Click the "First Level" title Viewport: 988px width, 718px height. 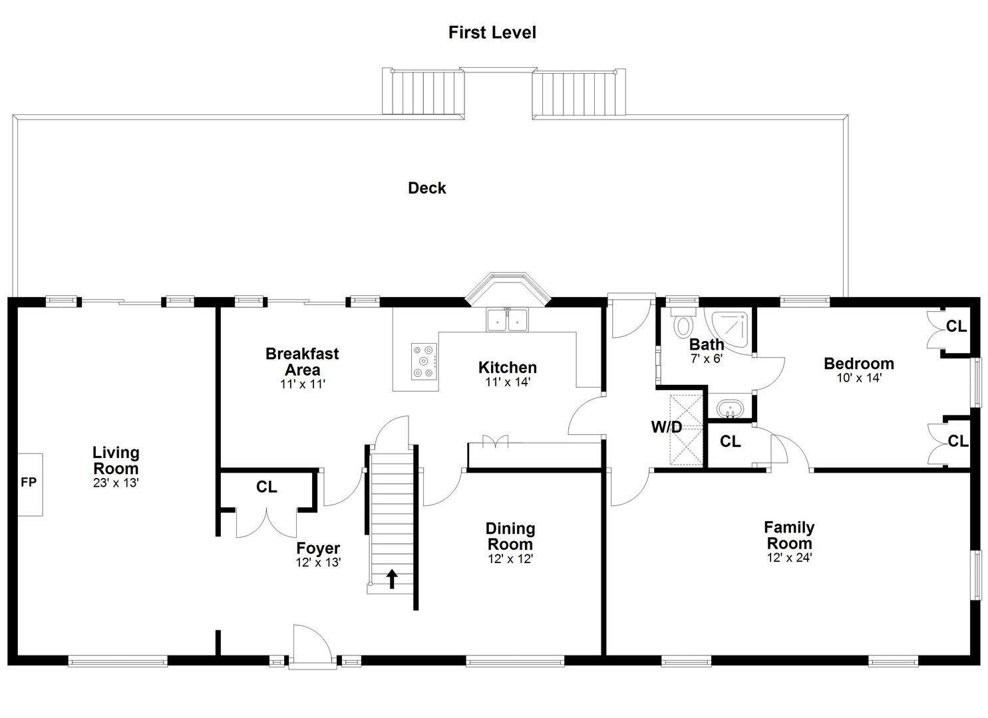click(x=492, y=33)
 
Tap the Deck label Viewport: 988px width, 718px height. click(x=427, y=188)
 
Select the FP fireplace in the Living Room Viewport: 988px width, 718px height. click(x=30, y=485)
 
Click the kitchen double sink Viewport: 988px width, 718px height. click(x=507, y=319)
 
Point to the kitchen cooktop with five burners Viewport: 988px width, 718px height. click(x=424, y=362)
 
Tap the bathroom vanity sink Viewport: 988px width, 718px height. click(x=730, y=408)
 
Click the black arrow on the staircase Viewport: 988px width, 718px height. click(x=392, y=578)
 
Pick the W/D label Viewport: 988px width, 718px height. click(x=667, y=427)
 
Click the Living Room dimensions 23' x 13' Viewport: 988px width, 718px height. click(x=116, y=483)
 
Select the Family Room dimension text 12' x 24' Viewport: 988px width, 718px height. click(x=790, y=558)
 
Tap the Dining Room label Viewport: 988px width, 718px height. click(x=510, y=536)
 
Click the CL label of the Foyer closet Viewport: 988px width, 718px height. click(x=266, y=487)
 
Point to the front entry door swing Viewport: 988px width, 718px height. click(x=312, y=642)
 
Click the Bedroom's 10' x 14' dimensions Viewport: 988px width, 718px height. click(x=859, y=378)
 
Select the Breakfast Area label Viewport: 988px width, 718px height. click(x=302, y=362)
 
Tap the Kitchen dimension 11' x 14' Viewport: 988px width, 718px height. click(x=508, y=382)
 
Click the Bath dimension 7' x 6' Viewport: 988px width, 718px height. click(x=707, y=358)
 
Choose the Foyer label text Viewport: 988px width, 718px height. click(x=318, y=548)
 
